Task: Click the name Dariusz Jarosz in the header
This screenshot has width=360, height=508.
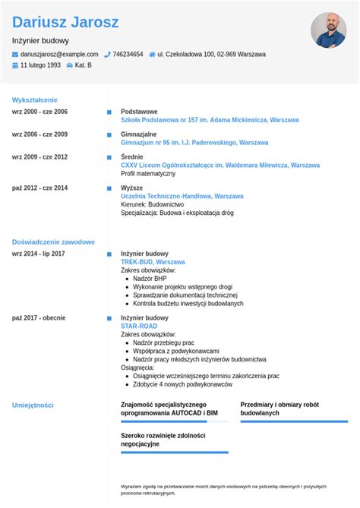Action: pos(65,22)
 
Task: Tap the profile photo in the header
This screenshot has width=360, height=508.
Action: pos(328,30)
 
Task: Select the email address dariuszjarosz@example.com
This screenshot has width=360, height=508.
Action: pos(59,55)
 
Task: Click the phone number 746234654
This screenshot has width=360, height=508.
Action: pos(128,55)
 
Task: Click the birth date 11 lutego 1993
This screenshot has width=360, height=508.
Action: pos(40,65)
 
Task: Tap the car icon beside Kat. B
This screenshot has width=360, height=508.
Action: pos(70,65)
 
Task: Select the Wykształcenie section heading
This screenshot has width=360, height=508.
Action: pos(34,99)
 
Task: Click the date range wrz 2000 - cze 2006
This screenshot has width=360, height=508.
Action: pos(39,112)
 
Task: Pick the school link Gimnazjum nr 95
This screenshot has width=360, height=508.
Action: pos(194,143)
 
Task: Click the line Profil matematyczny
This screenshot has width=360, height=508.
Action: pos(147,173)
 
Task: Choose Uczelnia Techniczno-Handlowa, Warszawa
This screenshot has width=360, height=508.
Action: pos(182,196)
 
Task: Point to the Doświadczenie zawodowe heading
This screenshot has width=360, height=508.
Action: pos(53,241)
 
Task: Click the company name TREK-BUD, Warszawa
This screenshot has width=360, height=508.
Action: pos(153,262)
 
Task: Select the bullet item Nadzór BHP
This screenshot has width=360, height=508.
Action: pos(150,279)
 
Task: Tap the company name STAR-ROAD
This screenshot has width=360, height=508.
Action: pos(139,327)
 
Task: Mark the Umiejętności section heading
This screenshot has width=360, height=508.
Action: pos(33,405)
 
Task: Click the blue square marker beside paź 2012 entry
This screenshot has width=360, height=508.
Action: pos(109,188)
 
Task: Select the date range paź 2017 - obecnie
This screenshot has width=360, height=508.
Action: pos(39,318)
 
